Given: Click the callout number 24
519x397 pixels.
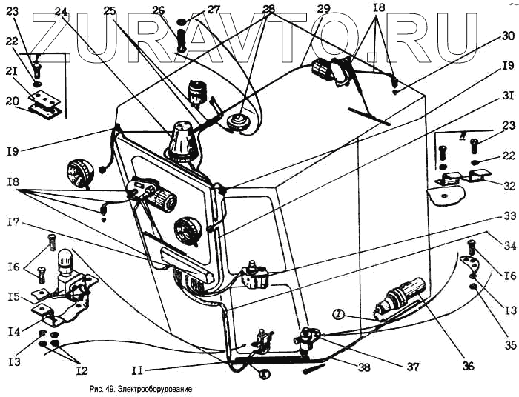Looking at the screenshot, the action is click(61, 11).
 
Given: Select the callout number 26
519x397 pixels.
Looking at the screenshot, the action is click(158, 10).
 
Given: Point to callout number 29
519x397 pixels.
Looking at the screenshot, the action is click(323, 9).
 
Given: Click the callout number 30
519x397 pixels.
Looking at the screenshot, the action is click(507, 35).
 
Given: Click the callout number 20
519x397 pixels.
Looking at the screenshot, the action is click(13, 101).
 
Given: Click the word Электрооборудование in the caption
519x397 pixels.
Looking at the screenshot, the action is click(145, 388).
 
